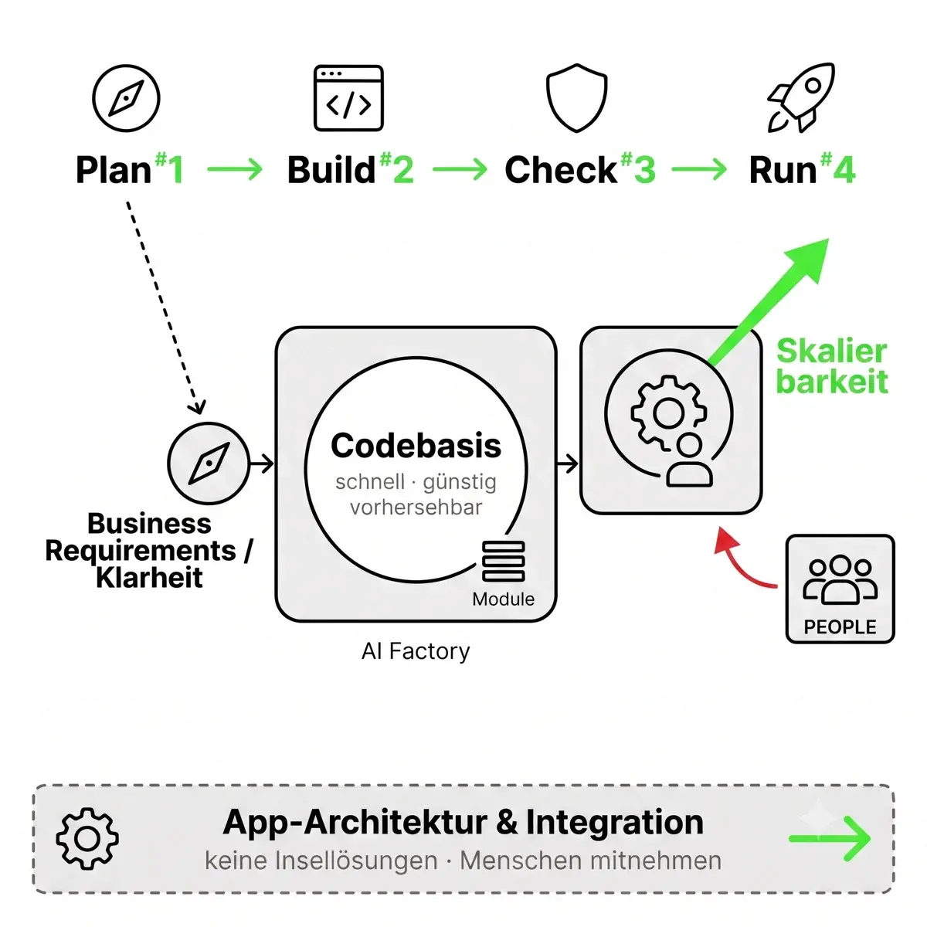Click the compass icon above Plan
point(126,98)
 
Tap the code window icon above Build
point(348,98)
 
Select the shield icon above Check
point(576,97)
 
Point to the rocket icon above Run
point(800,97)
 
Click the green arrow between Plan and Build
point(235,169)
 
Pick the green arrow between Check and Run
point(699,169)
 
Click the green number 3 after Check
point(644,170)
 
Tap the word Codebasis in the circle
point(416,446)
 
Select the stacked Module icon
point(503,561)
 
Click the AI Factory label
point(415,651)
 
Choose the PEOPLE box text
point(840,626)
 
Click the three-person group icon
point(840,579)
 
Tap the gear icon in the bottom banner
point(87,839)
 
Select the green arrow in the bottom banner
point(830,839)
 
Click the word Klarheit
point(149,577)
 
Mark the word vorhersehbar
point(416,507)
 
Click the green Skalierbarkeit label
point(832,366)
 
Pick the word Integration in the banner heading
point(615,822)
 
